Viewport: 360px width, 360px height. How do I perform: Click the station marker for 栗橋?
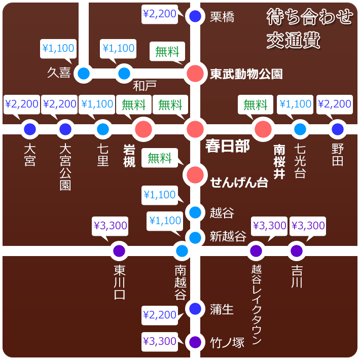[195, 16]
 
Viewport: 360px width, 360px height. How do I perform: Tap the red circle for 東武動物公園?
[195, 74]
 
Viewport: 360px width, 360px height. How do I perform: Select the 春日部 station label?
[227, 146]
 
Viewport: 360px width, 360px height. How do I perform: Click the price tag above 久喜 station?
[58, 49]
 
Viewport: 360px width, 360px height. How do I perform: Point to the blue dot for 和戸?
[124, 74]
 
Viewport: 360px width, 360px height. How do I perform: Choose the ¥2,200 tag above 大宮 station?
[22, 104]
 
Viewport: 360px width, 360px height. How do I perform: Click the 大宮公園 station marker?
[65, 129]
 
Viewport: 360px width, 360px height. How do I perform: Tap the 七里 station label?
[103, 155]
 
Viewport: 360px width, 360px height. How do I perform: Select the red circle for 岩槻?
[143, 129]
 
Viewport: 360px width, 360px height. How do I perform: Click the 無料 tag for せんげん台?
[160, 158]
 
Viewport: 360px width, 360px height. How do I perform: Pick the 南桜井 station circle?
[263, 129]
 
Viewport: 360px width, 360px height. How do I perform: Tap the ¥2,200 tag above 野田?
[335, 104]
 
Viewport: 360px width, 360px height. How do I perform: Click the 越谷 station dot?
[195, 212]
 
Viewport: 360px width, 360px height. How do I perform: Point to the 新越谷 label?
[228, 236]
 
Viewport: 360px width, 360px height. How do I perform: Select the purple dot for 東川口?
[119, 250]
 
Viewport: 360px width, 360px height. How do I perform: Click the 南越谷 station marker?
[182, 250]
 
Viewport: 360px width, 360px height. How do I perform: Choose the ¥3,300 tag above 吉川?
[308, 226]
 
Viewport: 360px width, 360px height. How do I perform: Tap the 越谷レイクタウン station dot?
[256, 250]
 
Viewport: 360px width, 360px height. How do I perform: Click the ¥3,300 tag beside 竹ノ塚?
[160, 342]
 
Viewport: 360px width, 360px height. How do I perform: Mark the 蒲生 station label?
[222, 309]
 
